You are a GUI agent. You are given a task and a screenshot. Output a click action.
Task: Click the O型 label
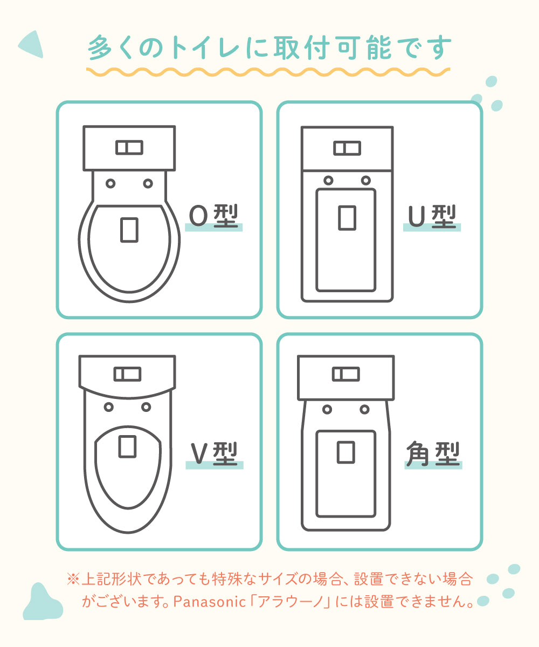click(213, 216)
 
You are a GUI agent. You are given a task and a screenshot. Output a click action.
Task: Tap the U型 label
click(432, 216)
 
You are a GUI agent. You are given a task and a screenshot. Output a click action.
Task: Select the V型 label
click(214, 453)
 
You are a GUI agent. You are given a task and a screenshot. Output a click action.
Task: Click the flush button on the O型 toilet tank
click(129, 148)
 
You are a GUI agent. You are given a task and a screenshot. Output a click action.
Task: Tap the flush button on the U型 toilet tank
click(347, 148)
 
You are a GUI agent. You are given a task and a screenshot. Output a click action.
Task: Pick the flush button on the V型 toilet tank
click(127, 374)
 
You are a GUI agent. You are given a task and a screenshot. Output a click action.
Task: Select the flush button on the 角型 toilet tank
click(345, 374)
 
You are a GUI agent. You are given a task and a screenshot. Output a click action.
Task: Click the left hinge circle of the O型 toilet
click(110, 183)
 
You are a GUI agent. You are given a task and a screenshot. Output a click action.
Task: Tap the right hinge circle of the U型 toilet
click(366, 180)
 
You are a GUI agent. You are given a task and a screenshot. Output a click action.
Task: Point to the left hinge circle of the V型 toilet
click(108, 407)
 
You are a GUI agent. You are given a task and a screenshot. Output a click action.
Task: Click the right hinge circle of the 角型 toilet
click(364, 409)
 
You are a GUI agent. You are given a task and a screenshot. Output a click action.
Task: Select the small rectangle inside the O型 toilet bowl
click(129, 230)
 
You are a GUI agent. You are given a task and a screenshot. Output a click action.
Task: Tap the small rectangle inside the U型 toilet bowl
click(347, 218)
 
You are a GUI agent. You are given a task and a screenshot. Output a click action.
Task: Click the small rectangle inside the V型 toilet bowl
click(127, 446)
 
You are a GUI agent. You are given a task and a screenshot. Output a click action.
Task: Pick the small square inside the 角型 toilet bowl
click(345, 452)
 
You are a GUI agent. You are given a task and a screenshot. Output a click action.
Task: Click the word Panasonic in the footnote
click(210, 602)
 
